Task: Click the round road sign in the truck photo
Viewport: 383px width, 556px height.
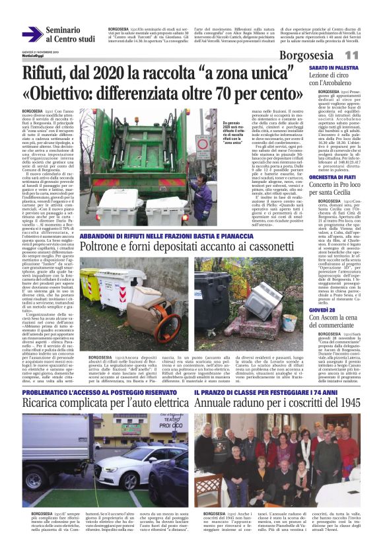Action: click(x=203, y=143)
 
